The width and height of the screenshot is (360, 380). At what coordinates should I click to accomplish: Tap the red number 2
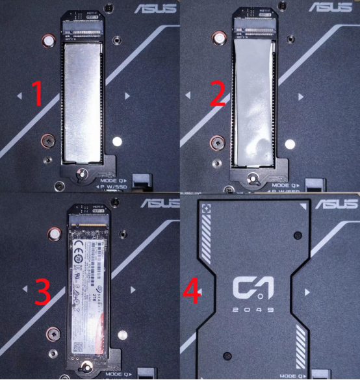pos(218,95)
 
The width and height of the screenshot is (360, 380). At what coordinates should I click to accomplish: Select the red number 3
pos(44,292)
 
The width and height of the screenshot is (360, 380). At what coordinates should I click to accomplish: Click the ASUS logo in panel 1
pos(155,8)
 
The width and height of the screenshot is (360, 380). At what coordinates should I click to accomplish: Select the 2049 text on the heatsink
pos(254,309)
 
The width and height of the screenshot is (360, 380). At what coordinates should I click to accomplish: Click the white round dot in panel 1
pos(117,141)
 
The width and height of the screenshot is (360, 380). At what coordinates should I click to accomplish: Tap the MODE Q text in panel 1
pos(110,180)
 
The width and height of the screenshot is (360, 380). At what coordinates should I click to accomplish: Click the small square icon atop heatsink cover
pos(207,209)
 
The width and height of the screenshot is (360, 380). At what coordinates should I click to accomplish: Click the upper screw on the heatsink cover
pos(296,234)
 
